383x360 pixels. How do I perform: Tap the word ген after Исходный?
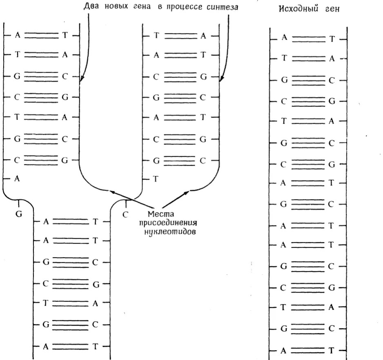332,9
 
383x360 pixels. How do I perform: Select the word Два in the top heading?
91,6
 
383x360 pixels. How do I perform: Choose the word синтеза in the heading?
222,7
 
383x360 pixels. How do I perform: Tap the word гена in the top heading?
142,7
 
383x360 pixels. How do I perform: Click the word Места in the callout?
161,214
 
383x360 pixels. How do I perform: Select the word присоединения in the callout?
168,223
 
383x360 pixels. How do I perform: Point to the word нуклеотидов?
170,231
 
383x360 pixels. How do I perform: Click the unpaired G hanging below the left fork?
19,214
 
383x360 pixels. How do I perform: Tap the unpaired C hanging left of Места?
125,214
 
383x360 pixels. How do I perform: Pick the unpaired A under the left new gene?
17,179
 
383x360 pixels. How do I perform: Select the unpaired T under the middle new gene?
156,179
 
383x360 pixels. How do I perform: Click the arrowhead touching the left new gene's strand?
82,78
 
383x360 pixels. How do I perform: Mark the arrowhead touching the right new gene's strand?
221,78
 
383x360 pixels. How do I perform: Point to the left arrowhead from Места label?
112,192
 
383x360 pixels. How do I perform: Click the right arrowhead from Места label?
186,193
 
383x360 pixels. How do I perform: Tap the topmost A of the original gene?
284,38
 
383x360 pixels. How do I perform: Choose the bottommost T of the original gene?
331,351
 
